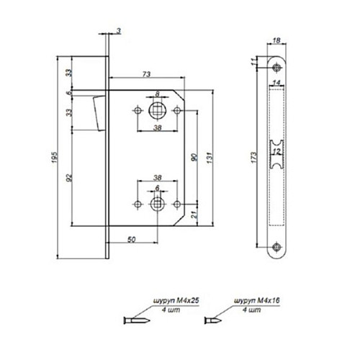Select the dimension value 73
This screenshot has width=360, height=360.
(146, 73)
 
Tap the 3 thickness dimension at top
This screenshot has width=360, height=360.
(117, 30)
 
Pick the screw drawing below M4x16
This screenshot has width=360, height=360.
(214, 320)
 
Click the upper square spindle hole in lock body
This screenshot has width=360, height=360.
(157, 112)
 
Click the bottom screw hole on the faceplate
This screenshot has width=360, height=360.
(278, 248)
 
